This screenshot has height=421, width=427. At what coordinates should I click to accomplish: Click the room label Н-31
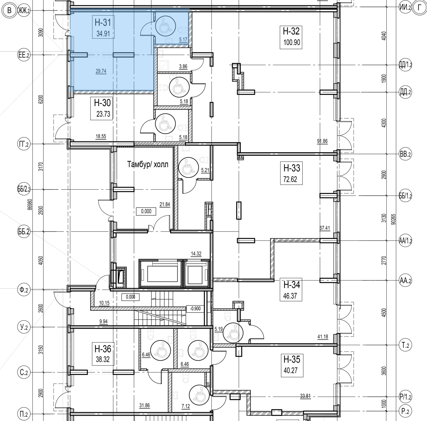click(103, 22)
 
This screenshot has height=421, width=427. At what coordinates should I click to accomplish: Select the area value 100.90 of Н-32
click(292, 42)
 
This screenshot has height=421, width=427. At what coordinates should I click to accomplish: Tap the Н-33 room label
click(292, 168)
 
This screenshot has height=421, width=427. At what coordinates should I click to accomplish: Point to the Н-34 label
click(292, 285)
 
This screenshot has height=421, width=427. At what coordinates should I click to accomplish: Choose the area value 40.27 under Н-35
click(291, 371)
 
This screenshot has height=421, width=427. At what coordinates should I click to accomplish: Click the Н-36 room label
click(103, 349)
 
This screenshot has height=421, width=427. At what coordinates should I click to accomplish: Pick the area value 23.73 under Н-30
click(103, 114)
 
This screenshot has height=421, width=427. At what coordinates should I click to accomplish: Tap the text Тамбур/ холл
click(148, 164)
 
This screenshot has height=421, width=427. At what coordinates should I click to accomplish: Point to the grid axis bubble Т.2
click(405, 345)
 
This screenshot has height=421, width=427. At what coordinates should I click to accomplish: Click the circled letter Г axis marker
click(420, 8)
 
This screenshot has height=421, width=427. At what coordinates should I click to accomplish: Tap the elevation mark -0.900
click(196, 309)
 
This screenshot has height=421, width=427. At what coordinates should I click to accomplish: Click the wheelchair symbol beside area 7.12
click(199, 395)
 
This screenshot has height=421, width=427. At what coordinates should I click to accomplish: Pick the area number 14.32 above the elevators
click(196, 254)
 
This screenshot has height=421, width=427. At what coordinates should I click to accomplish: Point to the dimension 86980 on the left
click(30, 208)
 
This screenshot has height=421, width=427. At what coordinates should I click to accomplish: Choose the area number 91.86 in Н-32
click(322, 141)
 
